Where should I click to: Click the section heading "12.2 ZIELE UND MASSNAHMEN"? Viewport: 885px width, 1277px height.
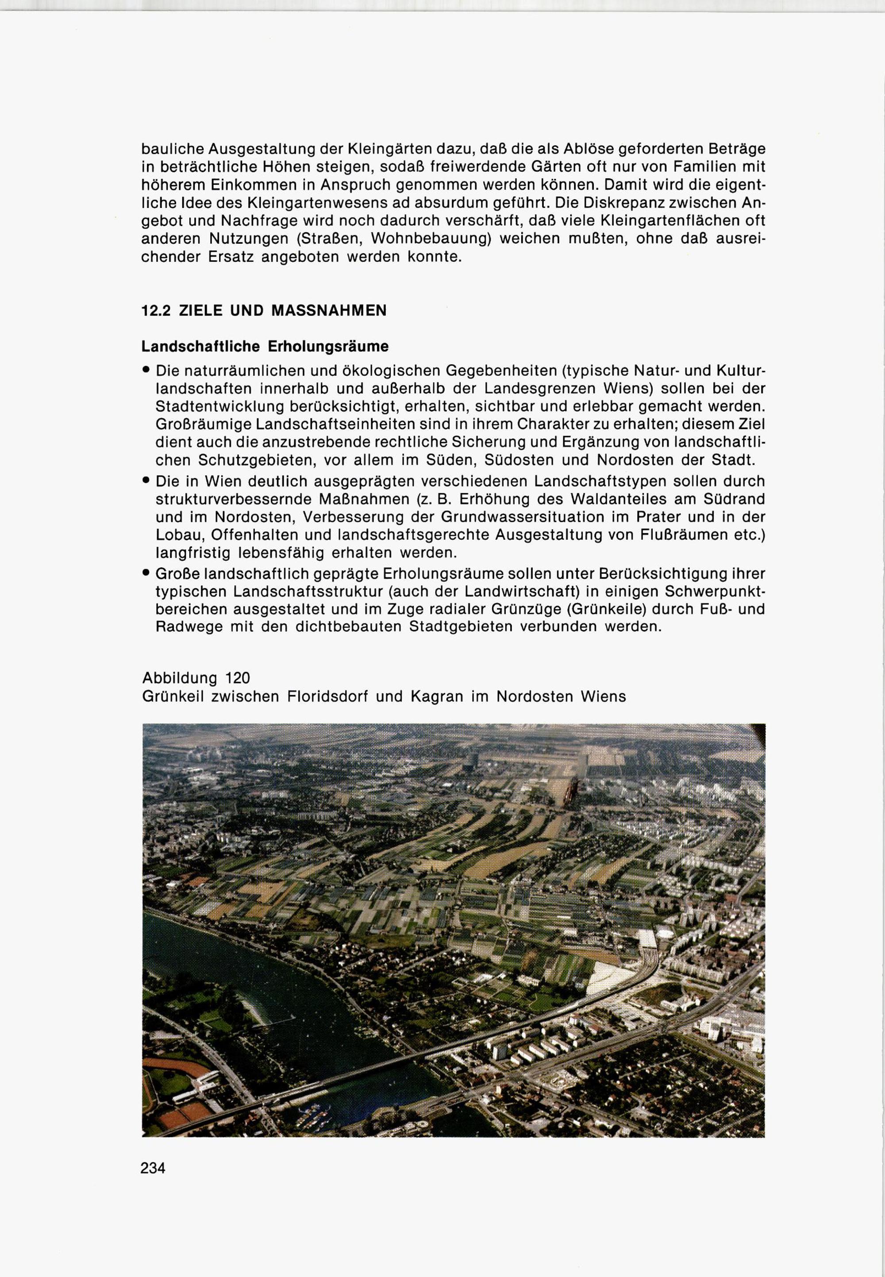(x=264, y=311)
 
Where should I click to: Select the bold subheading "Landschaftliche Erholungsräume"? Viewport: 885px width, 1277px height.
(x=265, y=346)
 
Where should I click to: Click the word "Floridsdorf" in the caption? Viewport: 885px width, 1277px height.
(x=328, y=696)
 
